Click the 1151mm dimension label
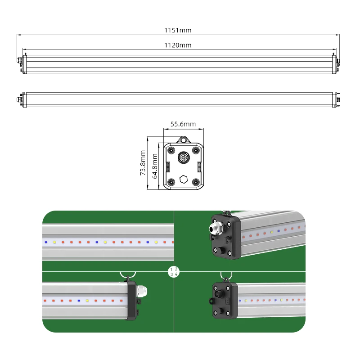pyautogui.click(x=178, y=30)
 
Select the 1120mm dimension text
pyautogui.click(x=178, y=45)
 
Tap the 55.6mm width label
pyautogui.click(x=183, y=124)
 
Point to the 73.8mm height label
pyautogui.click(x=143, y=164)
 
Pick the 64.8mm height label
pyautogui.click(x=155, y=166)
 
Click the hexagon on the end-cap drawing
pyautogui.click(x=183, y=179)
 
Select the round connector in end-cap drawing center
pyautogui.click(x=183, y=157)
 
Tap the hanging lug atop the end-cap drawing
pyautogui.click(x=183, y=140)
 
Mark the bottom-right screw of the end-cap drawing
pyautogui.click(x=196, y=182)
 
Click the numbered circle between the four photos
pyautogui.click(x=174, y=271)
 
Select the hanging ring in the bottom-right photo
pyautogui.click(x=224, y=276)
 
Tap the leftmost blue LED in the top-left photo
pyautogui.click(x=45, y=242)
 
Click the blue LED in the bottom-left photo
pyautogui.click(x=78, y=300)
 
